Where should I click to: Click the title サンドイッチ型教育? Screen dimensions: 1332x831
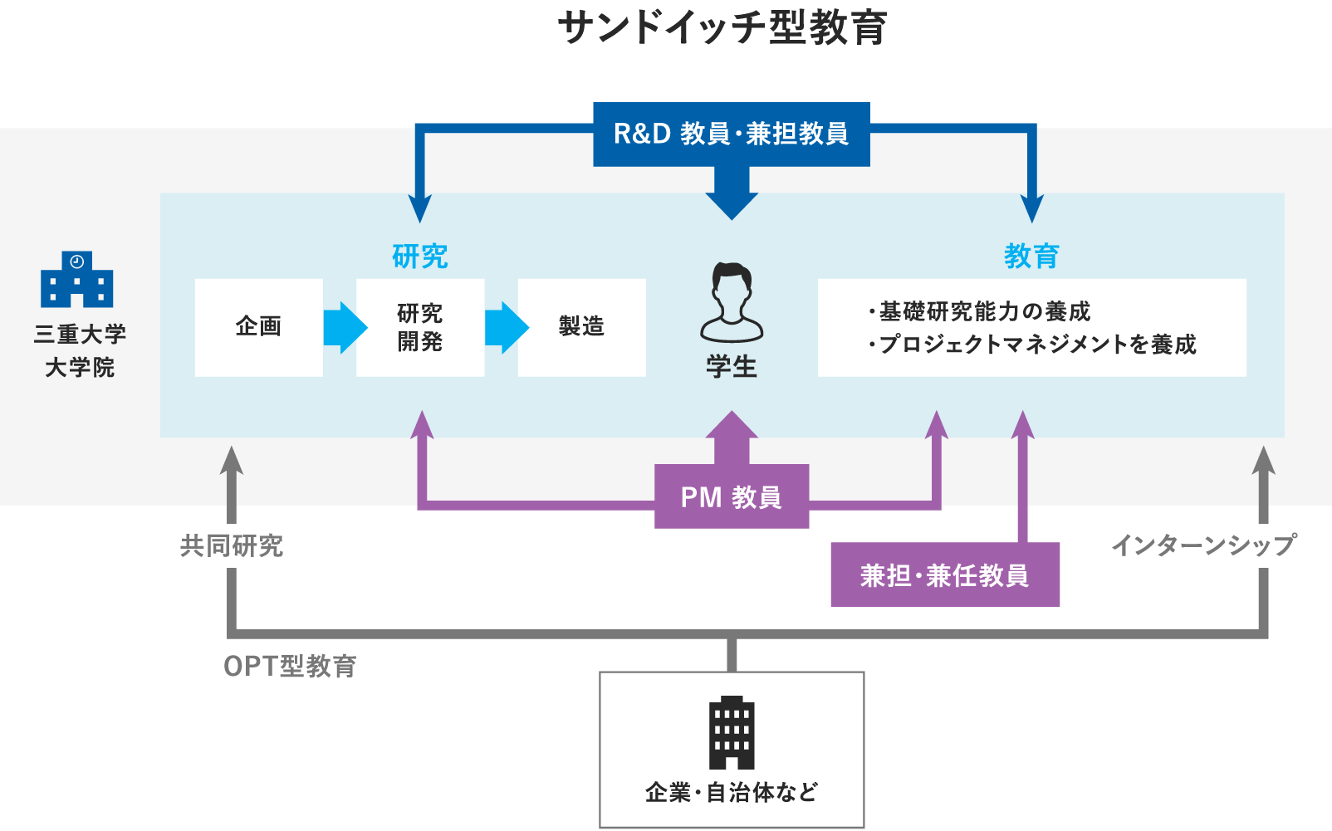(x=722, y=28)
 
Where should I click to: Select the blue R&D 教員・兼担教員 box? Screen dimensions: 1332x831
(x=732, y=134)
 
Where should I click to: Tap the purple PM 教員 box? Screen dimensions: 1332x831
(x=732, y=496)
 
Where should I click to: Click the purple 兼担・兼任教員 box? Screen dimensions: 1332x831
(x=945, y=574)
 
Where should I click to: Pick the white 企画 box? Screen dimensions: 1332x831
(x=258, y=328)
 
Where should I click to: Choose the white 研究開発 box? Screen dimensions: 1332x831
(x=420, y=328)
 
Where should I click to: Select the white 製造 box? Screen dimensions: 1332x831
(x=581, y=328)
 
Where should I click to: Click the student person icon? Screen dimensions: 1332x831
(x=732, y=302)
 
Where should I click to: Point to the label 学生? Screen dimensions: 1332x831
(x=732, y=367)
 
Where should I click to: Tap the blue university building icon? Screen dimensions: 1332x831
(x=76, y=280)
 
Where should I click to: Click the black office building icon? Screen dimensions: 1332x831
(x=732, y=732)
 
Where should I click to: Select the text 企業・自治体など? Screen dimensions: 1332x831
(x=732, y=792)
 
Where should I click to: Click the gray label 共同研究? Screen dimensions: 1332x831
(x=232, y=545)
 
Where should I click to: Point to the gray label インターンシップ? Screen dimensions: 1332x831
(x=1204, y=545)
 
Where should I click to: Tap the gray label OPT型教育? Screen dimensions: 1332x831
(x=290, y=667)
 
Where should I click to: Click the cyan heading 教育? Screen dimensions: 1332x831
(x=1031, y=257)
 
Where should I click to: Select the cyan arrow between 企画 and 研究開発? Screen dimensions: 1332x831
(x=345, y=328)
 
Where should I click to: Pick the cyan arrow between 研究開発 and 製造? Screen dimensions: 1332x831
(x=507, y=328)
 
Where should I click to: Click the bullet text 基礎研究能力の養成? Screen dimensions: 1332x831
(x=985, y=311)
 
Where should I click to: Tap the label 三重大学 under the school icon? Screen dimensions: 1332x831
(x=80, y=334)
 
